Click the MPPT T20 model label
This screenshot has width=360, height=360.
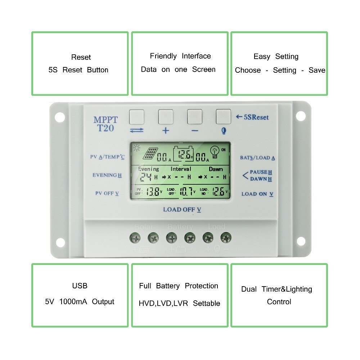click(105, 124)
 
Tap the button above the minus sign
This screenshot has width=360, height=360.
click(194, 117)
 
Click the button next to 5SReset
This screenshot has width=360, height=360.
click(223, 117)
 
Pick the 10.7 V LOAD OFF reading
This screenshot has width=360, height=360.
click(186, 192)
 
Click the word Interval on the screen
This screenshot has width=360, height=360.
click(181, 169)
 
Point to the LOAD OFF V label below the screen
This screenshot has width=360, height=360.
click(182, 210)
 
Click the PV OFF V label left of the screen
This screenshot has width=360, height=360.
click(107, 193)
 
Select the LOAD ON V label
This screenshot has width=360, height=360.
click(257, 194)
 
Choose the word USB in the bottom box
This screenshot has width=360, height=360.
click(80, 286)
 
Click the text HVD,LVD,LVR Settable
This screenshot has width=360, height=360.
click(179, 303)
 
